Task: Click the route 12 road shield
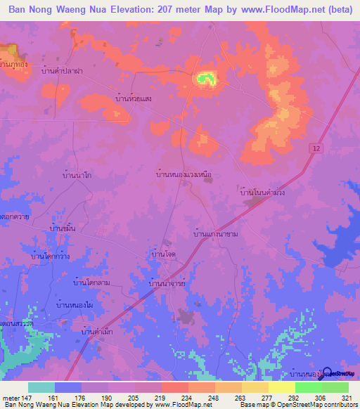coord(316,146)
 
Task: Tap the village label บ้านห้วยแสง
coord(134,99)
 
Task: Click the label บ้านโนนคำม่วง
coord(266,190)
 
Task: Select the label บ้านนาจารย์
coord(167,283)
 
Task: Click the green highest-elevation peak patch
coord(205,79)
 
